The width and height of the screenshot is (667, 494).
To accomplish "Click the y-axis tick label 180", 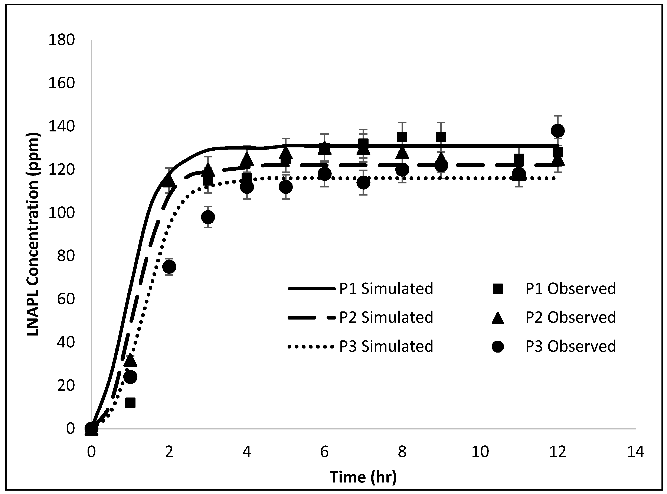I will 61,40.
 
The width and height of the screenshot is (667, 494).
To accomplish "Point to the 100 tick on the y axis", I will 61,213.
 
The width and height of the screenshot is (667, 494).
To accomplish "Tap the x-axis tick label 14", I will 635,452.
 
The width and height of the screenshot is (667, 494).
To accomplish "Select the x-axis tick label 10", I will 480,452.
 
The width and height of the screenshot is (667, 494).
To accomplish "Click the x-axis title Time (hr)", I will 363,477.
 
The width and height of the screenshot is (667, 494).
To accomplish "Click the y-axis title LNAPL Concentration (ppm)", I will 33,235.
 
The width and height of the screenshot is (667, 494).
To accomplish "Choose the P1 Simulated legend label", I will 386,289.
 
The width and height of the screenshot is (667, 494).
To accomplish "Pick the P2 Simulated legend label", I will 386,317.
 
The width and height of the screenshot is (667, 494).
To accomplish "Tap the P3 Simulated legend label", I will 386,346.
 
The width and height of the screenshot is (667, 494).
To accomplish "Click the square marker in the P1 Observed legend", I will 498,289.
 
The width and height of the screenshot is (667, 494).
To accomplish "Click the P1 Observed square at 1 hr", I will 130,403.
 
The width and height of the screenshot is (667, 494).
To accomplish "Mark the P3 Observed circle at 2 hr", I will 169,266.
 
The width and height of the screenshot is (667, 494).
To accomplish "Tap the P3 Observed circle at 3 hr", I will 208,217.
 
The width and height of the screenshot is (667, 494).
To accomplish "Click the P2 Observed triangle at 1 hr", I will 130,360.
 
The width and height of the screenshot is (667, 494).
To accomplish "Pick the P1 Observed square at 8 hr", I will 402,137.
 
